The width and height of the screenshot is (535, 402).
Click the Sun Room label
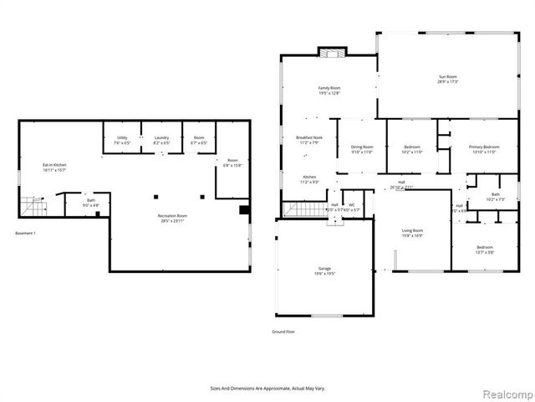(x=448, y=78)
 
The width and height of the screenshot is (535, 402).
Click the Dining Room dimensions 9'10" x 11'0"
(x=362, y=152)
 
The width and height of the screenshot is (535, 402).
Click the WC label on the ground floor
(x=352, y=204)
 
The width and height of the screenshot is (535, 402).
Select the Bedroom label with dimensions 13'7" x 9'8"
(x=485, y=248)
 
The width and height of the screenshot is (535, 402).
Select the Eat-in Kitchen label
(x=55, y=165)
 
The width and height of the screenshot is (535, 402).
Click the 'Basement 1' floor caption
(x=26, y=232)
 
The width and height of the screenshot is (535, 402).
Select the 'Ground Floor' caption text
(x=283, y=332)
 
